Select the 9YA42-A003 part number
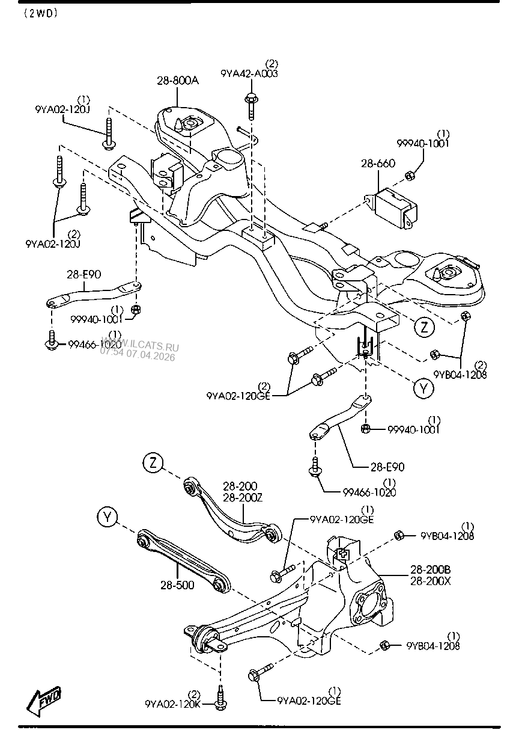250,73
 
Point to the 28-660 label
378,164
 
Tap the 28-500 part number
178,584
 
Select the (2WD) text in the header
40,14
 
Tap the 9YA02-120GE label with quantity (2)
238,396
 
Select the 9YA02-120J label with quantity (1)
62,109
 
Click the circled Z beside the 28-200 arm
153,464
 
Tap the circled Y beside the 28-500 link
106,517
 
